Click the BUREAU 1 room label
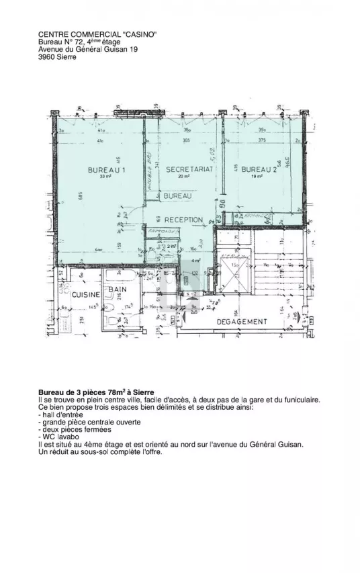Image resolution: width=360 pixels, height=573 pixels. (107, 170)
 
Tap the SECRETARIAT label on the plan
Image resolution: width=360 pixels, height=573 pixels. (189, 170)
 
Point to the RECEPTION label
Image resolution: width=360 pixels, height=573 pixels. (183, 220)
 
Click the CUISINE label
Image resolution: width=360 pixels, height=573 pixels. (86, 295)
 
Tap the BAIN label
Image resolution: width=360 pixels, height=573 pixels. (119, 290)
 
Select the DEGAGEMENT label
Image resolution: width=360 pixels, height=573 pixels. (242, 322)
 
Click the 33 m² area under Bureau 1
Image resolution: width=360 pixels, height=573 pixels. (105, 177)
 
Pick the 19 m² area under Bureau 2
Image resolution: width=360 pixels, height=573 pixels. (257, 177)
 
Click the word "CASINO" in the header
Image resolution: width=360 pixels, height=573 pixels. (139, 34)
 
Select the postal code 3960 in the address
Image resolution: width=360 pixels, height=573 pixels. (47, 57)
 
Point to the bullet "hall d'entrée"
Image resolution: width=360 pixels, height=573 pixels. (60, 414)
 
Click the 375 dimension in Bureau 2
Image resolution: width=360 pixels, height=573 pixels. (261, 140)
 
